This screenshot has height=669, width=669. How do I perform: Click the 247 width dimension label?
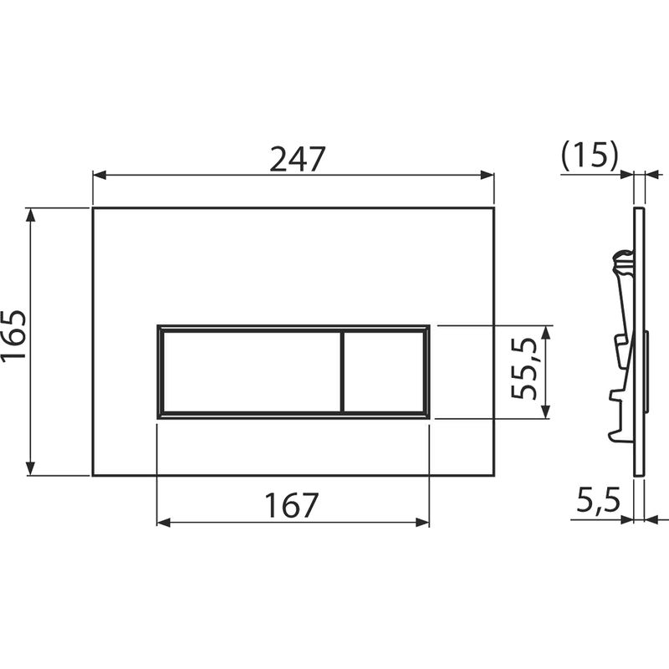pyautogui.click(x=296, y=158)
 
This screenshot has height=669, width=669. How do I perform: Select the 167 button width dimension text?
pyautogui.click(x=292, y=504)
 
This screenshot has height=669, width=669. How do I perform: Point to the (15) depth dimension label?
pyautogui.click(x=590, y=156)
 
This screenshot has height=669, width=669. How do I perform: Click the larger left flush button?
pyautogui.click(x=249, y=370)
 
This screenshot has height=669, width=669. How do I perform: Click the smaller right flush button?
pyautogui.click(x=384, y=370)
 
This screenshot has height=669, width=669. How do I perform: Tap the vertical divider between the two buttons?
pyautogui.click(x=342, y=370)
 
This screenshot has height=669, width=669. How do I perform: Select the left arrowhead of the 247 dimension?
pyautogui.click(x=99, y=176)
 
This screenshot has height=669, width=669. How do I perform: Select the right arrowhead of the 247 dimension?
pyautogui.click(x=488, y=176)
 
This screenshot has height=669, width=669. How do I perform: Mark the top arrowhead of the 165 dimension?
pyautogui.click(x=32, y=214)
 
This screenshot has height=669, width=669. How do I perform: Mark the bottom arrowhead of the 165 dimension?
pyautogui.click(x=32, y=469)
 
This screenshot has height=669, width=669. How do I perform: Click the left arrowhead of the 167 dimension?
pyautogui.click(x=163, y=523)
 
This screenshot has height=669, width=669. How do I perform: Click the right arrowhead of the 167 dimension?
pyautogui.click(x=423, y=523)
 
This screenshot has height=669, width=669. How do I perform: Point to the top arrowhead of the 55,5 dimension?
pyautogui.click(x=545, y=331)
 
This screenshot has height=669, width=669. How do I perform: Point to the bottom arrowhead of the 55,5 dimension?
pyautogui.click(x=545, y=411)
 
